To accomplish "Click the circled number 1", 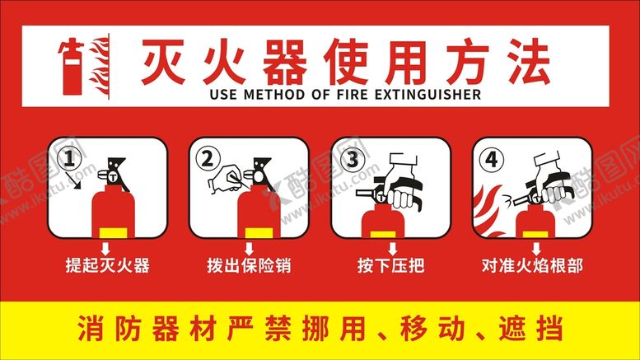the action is coord(69,158).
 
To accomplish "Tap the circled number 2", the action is coord(208,158).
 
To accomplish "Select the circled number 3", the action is coord(353,159).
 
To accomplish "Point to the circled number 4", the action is coord(492,159).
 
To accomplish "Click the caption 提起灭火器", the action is coord(107,265).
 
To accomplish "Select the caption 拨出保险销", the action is coord(249,265).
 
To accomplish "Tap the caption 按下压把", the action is coord(391,265).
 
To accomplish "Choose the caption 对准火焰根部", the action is coord(532,265).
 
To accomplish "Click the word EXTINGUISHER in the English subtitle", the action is coord(427,95).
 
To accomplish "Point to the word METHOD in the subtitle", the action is coord(274,95).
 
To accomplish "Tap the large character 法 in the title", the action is coord(529,61).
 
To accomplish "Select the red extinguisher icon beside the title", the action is coord(72,67).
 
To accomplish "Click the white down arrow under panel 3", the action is coord(392,249).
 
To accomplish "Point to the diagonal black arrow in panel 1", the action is coord(74,180).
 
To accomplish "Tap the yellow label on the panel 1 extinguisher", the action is coord(114,233).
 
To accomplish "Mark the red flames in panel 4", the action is coord(488,210).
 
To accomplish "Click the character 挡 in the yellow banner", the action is coord(549,328).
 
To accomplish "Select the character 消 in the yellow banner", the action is coord(91,328).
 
